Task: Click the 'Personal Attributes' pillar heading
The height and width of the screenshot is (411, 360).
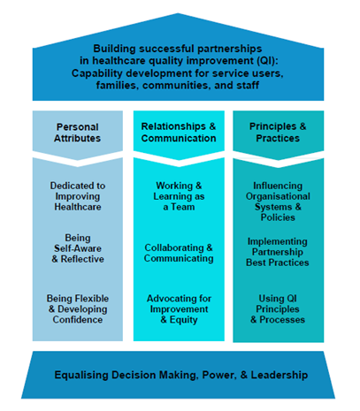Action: (77, 133)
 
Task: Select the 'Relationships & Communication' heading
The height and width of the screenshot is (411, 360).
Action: (179, 133)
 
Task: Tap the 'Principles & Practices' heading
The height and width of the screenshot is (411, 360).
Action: (278, 133)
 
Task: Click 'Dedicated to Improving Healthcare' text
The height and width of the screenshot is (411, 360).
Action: (78, 196)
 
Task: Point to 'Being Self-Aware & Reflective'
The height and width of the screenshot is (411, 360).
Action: (78, 248)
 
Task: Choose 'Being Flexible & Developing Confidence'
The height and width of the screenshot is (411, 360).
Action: (78, 309)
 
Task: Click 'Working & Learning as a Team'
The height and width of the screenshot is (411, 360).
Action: (179, 196)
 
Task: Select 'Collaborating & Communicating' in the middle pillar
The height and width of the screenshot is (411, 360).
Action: (179, 253)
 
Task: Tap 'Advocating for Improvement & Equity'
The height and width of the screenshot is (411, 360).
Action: (179, 309)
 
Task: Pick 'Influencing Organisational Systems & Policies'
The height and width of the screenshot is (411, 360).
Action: (278, 202)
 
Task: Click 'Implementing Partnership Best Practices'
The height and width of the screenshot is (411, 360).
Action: (278, 252)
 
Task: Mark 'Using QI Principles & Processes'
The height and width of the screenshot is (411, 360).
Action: (278, 309)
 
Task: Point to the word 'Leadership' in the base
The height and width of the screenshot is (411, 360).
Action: (280, 375)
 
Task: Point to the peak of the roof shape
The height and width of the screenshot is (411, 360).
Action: (178, 13)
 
